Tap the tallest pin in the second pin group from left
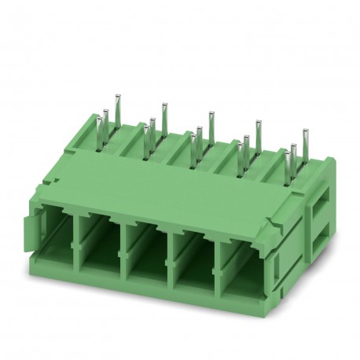[x=164, y=114]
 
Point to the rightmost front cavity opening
[x=242, y=266]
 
